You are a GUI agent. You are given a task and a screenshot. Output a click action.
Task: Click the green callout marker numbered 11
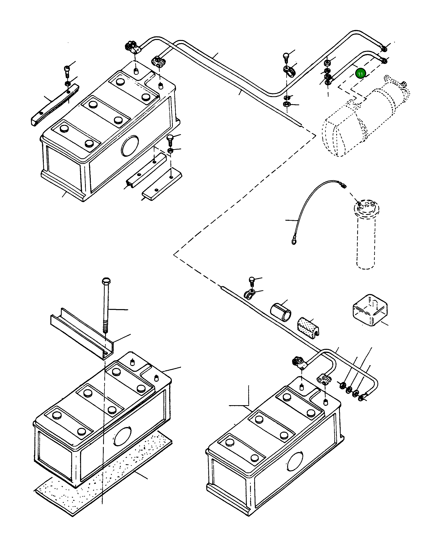coord(360,74)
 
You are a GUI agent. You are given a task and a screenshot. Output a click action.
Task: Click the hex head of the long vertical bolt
coord(106,281)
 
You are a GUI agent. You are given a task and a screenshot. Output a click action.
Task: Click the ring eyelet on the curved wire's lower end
coord(294,239)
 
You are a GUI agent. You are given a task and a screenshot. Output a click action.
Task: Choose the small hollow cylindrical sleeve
coord(281,312)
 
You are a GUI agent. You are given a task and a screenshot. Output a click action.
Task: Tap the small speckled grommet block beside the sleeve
coord(308,328)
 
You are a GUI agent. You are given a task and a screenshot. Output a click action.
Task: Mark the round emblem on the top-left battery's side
coord(130,146)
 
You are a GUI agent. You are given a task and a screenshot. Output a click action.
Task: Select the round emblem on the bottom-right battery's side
coord(295,461)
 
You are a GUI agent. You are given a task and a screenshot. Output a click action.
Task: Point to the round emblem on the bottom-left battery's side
coord(123,436)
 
